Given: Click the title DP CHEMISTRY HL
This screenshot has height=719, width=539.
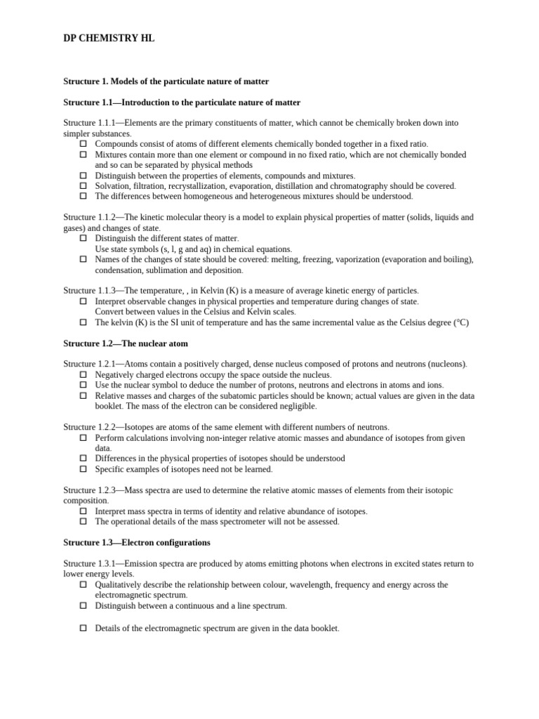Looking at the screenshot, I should click(x=109, y=39).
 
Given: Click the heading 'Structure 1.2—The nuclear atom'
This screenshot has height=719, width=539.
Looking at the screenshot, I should click(x=126, y=343).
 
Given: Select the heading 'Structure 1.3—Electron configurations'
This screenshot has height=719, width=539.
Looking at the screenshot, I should click(x=137, y=543).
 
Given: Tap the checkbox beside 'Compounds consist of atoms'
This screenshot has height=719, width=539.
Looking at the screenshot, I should click(x=83, y=144).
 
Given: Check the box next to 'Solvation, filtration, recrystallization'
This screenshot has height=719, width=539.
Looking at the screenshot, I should click(x=83, y=186).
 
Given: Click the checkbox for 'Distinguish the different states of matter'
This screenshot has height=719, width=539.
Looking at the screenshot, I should click(x=83, y=239).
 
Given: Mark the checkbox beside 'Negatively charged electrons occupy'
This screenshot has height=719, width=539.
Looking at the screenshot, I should click(x=83, y=375).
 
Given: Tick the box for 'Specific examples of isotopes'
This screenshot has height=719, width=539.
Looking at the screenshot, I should click(x=83, y=469).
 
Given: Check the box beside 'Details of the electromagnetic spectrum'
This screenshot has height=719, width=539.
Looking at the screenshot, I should click(x=83, y=628).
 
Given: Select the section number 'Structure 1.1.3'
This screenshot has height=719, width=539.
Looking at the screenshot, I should click(x=89, y=291).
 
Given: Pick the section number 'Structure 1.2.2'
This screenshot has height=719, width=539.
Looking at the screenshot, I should click(x=89, y=427).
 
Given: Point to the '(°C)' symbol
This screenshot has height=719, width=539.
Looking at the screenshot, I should click(x=460, y=322).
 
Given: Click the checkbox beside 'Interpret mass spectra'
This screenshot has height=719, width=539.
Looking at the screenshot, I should click(x=83, y=511).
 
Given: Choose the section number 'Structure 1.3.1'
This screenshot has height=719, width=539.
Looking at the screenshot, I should click(x=89, y=564).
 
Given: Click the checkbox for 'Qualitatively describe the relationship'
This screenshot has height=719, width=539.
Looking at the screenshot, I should click(x=83, y=584).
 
